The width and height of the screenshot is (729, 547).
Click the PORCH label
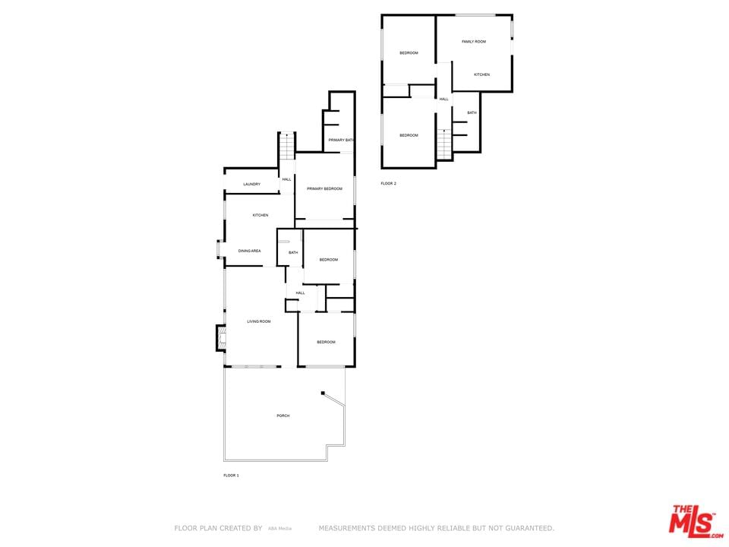[x=282, y=416]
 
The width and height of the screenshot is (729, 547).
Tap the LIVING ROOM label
[x=258, y=321]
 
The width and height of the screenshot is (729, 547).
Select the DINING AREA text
[x=249, y=251]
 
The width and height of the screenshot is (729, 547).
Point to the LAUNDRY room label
[x=251, y=184]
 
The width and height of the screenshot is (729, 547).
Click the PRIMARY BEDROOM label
[x=324, y=189]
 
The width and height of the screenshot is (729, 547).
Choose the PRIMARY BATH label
[x=341, y=140]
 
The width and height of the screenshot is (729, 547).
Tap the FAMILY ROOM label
[x=474, y=42]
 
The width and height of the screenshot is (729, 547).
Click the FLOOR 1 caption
[x=231, y=476]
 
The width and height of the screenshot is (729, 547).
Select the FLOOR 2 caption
[x=388, y=184]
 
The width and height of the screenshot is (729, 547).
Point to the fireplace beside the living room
[x=221, y=337]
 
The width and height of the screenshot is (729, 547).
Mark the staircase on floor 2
[x=444, y=144]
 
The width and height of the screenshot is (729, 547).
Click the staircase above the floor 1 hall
[x=287, y=147]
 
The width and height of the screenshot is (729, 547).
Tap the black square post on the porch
[x=323, y=393]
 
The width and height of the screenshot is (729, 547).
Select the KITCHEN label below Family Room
[x=481, y=75]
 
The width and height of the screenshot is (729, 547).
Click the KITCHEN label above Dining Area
[x=260, y=215]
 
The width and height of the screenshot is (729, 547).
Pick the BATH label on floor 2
[x=472, y=113]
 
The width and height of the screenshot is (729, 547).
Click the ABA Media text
[x=279, y=529]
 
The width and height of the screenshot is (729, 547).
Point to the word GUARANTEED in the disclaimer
[x=529, y=528]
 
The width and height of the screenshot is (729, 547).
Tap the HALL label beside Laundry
[x=286, y=179]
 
